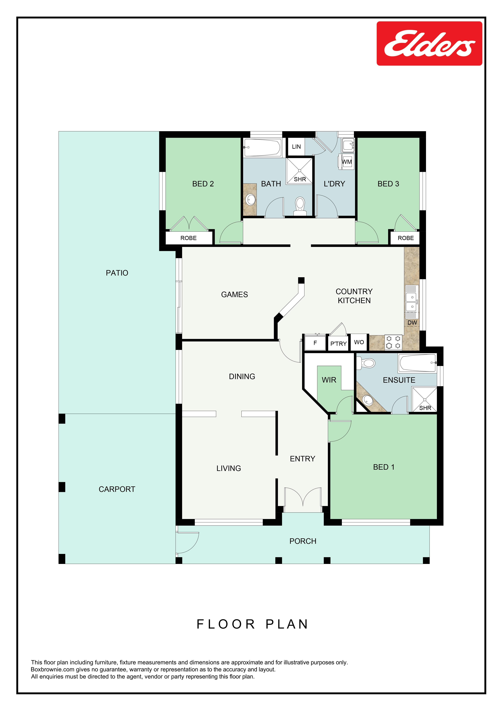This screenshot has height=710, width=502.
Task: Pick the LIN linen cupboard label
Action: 296,147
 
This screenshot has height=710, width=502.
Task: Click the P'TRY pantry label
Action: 338,344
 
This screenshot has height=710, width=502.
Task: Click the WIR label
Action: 329,380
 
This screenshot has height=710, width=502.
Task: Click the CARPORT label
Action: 117,489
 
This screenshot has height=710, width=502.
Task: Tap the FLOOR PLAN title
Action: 252,624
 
